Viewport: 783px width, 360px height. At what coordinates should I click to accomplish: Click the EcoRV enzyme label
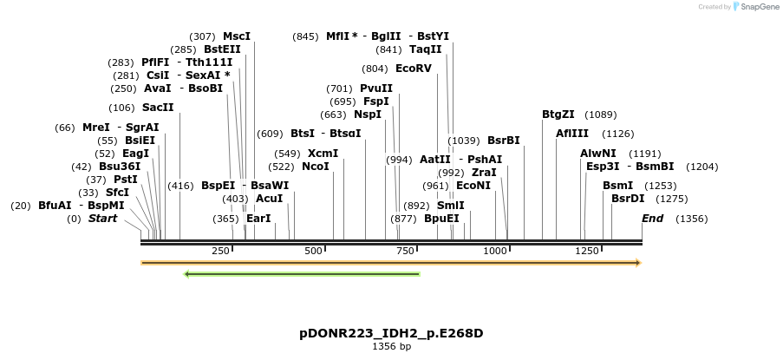(x=413, y=69)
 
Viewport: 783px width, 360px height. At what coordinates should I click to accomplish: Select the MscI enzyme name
(x=237, y=36)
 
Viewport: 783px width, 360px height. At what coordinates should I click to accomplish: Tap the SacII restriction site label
(x=158, y=108)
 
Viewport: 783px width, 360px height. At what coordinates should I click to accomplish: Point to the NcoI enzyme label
(x=316, y=167)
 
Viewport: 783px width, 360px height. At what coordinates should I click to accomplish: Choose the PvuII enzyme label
(x=376, y=88)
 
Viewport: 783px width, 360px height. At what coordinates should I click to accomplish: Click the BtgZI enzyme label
(x=558, y=115)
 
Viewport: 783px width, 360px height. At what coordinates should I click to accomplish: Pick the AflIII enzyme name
(x=571, y=134)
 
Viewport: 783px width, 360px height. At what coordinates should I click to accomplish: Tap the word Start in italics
(x=102, y=219)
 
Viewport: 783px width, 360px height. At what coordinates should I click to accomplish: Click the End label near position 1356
(x=652, y=219)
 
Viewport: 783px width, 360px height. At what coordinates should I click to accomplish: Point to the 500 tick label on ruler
(x=313, y=251)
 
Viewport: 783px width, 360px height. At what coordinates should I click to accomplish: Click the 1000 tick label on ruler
(x=495, y=251)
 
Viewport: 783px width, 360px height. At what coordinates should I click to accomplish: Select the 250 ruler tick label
(x=220, y=251)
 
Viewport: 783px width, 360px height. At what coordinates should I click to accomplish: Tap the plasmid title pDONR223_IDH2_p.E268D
(x=391, y=333)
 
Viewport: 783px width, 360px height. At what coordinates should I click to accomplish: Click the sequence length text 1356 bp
(x=391, y=346)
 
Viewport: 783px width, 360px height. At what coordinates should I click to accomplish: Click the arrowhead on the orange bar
(x=636, y=262)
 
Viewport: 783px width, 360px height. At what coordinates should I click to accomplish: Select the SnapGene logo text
(x=756, y=7)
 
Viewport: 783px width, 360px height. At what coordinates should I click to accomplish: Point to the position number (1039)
(x=464, y=141)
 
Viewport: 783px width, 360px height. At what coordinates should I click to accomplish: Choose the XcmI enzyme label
(x=323, y=154)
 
